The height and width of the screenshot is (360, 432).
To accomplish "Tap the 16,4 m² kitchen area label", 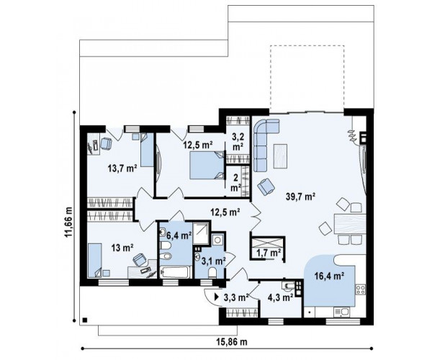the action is point(329,276).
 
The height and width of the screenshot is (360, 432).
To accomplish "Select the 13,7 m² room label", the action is point(122,168).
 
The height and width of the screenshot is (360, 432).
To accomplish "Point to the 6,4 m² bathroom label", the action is point(179,235).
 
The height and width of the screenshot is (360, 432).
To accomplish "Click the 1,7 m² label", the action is point(269,252).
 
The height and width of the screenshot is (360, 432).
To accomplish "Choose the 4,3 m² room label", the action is point(281,297).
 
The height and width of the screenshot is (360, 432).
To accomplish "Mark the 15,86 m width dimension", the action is point(232,342).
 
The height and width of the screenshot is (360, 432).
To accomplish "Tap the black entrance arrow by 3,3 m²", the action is point(217,297).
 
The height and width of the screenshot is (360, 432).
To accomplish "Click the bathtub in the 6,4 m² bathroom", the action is point(176,272).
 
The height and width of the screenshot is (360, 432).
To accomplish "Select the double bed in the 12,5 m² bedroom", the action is point(207,166).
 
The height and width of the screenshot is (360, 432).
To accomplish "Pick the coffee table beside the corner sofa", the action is point(281,156).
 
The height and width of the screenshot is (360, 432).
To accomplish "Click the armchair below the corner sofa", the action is point(266,186).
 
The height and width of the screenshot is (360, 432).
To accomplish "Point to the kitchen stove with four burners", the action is point(361,289).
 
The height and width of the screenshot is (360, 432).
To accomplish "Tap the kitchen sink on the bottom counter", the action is point(341,312).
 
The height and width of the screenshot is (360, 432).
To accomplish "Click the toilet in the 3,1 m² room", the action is point(212,273).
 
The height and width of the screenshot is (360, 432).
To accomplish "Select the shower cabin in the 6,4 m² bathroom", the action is point(201,233).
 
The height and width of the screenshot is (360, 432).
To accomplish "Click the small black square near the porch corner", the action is point(85,320).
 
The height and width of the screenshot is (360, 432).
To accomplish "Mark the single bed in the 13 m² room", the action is point(95,261).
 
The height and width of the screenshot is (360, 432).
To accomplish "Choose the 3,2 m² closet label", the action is point(238,142).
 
